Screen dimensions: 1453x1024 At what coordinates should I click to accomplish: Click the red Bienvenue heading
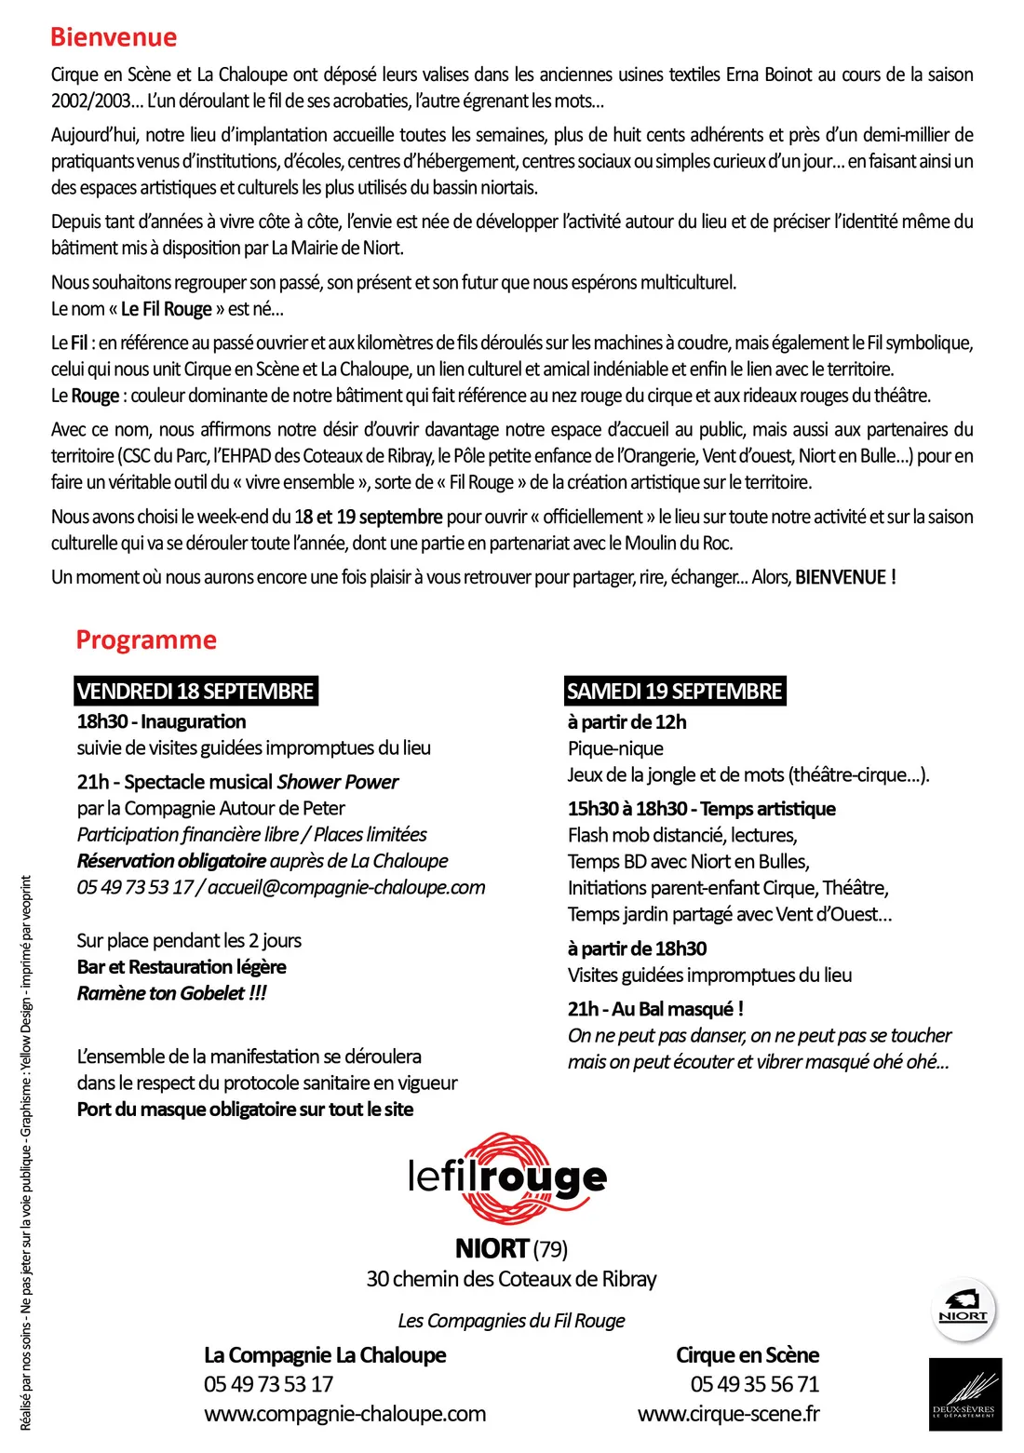[113, 37]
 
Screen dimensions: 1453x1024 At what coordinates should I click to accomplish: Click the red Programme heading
[146, 640]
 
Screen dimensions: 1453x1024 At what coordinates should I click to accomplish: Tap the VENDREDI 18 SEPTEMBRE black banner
[195, 692]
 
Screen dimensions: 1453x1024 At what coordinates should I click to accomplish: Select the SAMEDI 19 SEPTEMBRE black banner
[674, 692]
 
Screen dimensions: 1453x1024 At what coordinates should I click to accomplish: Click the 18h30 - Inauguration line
[161, 721]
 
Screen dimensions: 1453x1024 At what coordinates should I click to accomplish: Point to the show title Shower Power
[338, 782]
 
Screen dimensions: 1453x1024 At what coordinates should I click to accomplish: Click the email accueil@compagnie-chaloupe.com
[346, 887]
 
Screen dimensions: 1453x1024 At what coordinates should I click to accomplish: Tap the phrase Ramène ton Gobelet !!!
[171, 993]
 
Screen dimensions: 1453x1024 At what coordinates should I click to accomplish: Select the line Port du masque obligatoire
[245, 1110]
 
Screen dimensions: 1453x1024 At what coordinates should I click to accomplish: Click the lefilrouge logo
[507, 1178]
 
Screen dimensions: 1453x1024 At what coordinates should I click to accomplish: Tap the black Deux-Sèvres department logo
[964, 1393]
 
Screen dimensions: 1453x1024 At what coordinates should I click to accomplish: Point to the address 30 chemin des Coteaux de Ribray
[511, 1279]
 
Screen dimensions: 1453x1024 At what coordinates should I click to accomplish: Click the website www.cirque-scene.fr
[728, 1414]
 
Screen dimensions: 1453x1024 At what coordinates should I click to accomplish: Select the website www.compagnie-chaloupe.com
[344, 1414]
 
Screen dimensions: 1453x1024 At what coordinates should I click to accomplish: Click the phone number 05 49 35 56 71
[754, 1384]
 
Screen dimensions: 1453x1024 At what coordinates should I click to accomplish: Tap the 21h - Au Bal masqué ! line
[655, 1009]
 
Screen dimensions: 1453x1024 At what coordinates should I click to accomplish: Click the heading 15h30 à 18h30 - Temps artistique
[702, 809]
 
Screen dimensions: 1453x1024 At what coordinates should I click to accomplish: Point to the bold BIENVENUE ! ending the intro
[845, 577]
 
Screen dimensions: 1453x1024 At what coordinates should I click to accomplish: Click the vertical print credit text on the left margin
[26, 1154]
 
